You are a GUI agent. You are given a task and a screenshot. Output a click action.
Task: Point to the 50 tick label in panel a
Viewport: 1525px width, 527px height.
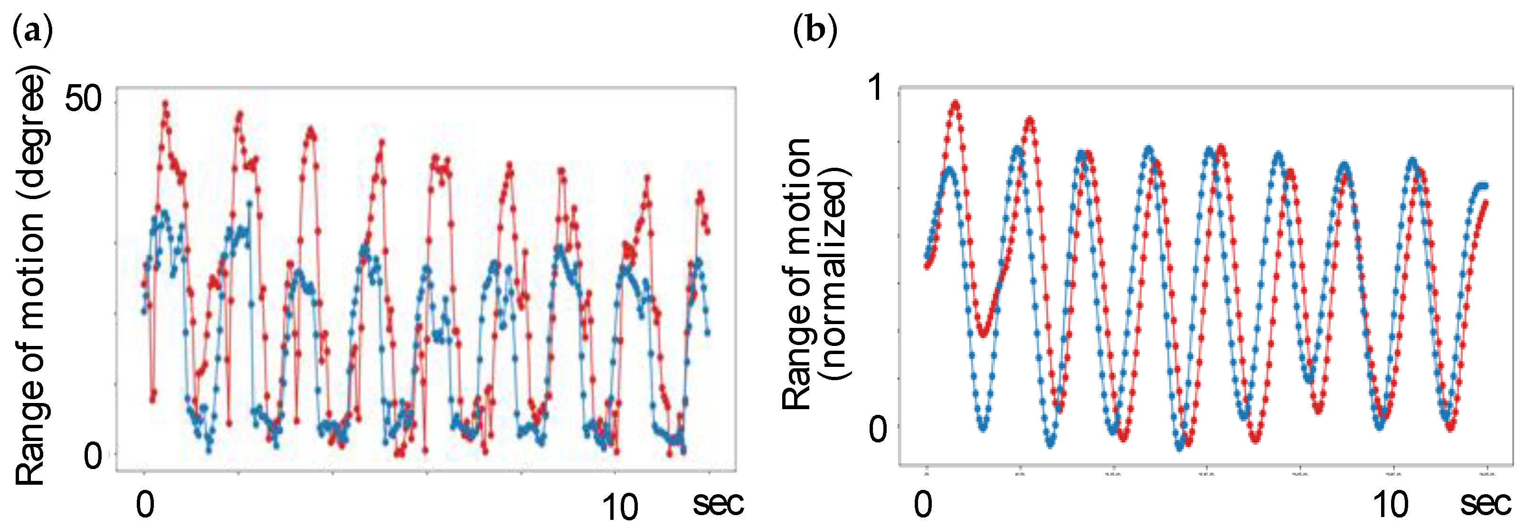point(83,98)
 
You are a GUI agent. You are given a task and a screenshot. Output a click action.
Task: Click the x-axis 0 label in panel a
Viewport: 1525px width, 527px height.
point(145,505)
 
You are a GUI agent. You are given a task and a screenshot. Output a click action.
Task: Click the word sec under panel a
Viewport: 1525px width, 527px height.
point(718,503)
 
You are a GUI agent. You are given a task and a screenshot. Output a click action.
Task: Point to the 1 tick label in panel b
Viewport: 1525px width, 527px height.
point(877,89)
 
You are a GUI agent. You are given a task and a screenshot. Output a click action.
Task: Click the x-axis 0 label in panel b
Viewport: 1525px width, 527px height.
point(923,505)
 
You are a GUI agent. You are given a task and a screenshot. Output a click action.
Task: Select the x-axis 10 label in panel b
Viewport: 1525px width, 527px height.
point(1391,505)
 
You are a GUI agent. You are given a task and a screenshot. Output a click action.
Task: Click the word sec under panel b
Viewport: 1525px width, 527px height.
point(1485,503)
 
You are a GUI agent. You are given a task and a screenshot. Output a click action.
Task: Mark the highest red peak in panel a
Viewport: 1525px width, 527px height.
point(165,104)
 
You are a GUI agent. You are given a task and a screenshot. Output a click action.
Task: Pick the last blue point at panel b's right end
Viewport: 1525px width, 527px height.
point(1484,186)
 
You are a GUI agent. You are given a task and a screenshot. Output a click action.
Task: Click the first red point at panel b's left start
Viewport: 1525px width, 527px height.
point(927,265)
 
